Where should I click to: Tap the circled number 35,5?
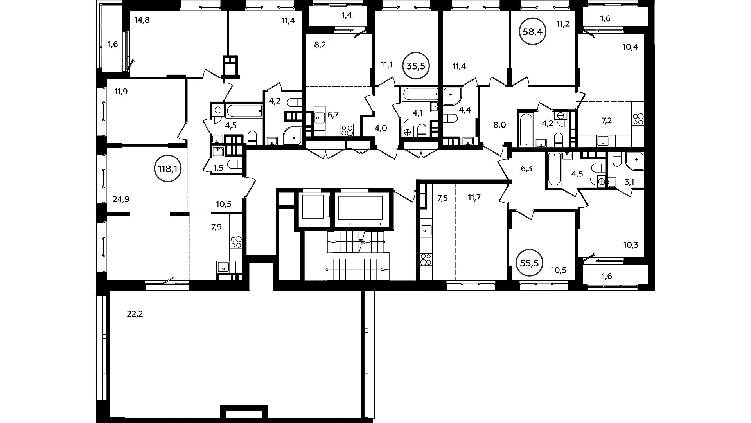coord(416,66)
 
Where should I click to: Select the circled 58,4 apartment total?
coord(533,32)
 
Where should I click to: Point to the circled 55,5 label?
coord(530,263)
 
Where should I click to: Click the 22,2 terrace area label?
coord(135,313)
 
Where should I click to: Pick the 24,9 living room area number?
coord(121,199)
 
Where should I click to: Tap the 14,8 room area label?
coord(142,20)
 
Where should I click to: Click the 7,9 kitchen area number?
coord(216,226)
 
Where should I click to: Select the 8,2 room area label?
coord(320,45)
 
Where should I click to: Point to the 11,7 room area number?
coord(474,198)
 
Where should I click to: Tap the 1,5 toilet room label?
coord(218,168)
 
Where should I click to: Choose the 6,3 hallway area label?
coord(527,169)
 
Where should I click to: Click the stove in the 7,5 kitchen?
coord(426,259)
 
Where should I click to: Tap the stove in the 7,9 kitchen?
coord(236,242)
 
